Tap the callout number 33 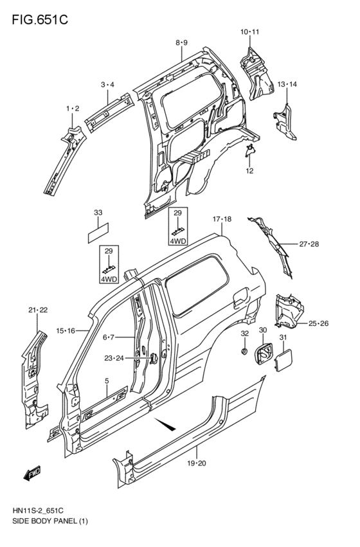[98, 213]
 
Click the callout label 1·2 [73, 109]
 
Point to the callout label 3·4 [107, 85]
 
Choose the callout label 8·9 [181, 42]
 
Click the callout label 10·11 [250, 31]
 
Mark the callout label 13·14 [287, 85]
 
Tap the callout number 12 [249, 171]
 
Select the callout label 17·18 [221, 220]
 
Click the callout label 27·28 [309, 244]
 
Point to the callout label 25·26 [319, 323]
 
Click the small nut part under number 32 [245, 352]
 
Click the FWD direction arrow [32, 474]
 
